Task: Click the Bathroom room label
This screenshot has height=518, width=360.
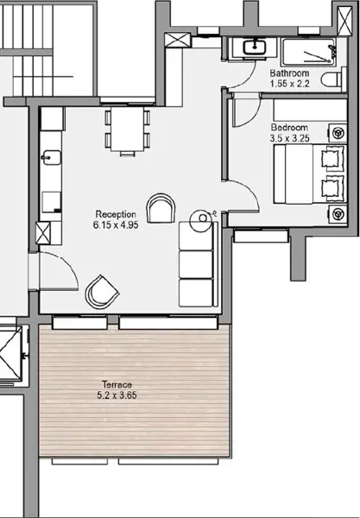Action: click(x=289, y=73)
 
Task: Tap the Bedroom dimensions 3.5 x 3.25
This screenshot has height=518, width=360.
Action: click(x=289, y=138)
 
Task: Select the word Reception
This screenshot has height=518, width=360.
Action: click(x=116, y=214)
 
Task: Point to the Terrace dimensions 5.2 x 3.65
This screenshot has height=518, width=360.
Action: click(x=117, y=395)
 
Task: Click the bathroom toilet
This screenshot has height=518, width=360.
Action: click(x=334, y=79)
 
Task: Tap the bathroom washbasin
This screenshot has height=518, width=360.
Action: click(x=255, y=47)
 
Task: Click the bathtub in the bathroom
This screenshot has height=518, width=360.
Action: click(x=309, y=52)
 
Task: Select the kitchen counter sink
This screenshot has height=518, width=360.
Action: click(x=52, y=158)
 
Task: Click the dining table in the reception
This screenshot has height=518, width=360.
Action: click(x=128, y=129)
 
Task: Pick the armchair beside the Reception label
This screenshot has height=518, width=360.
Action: click(x=161, y=208)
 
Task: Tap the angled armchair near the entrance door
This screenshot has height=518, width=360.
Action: click(x=102, y=293)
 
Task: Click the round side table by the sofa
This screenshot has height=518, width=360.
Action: click(x=202, y=221)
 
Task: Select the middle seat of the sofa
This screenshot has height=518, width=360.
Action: click(x=196, y=264)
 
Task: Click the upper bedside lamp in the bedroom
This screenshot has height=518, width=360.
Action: click(x=338, y=133)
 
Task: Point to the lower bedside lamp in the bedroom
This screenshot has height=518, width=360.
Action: click(x=338, y=214)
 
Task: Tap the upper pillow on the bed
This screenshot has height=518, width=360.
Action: click(x=332, y=159)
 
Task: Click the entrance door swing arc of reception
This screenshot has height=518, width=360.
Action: click(x=66, y=265)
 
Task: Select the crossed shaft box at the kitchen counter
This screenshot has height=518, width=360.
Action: click(x=43, y=233)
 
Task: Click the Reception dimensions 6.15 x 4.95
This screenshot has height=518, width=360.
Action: click(x=116, y=225)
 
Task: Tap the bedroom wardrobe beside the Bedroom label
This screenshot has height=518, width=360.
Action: click(x=310, y=110)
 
